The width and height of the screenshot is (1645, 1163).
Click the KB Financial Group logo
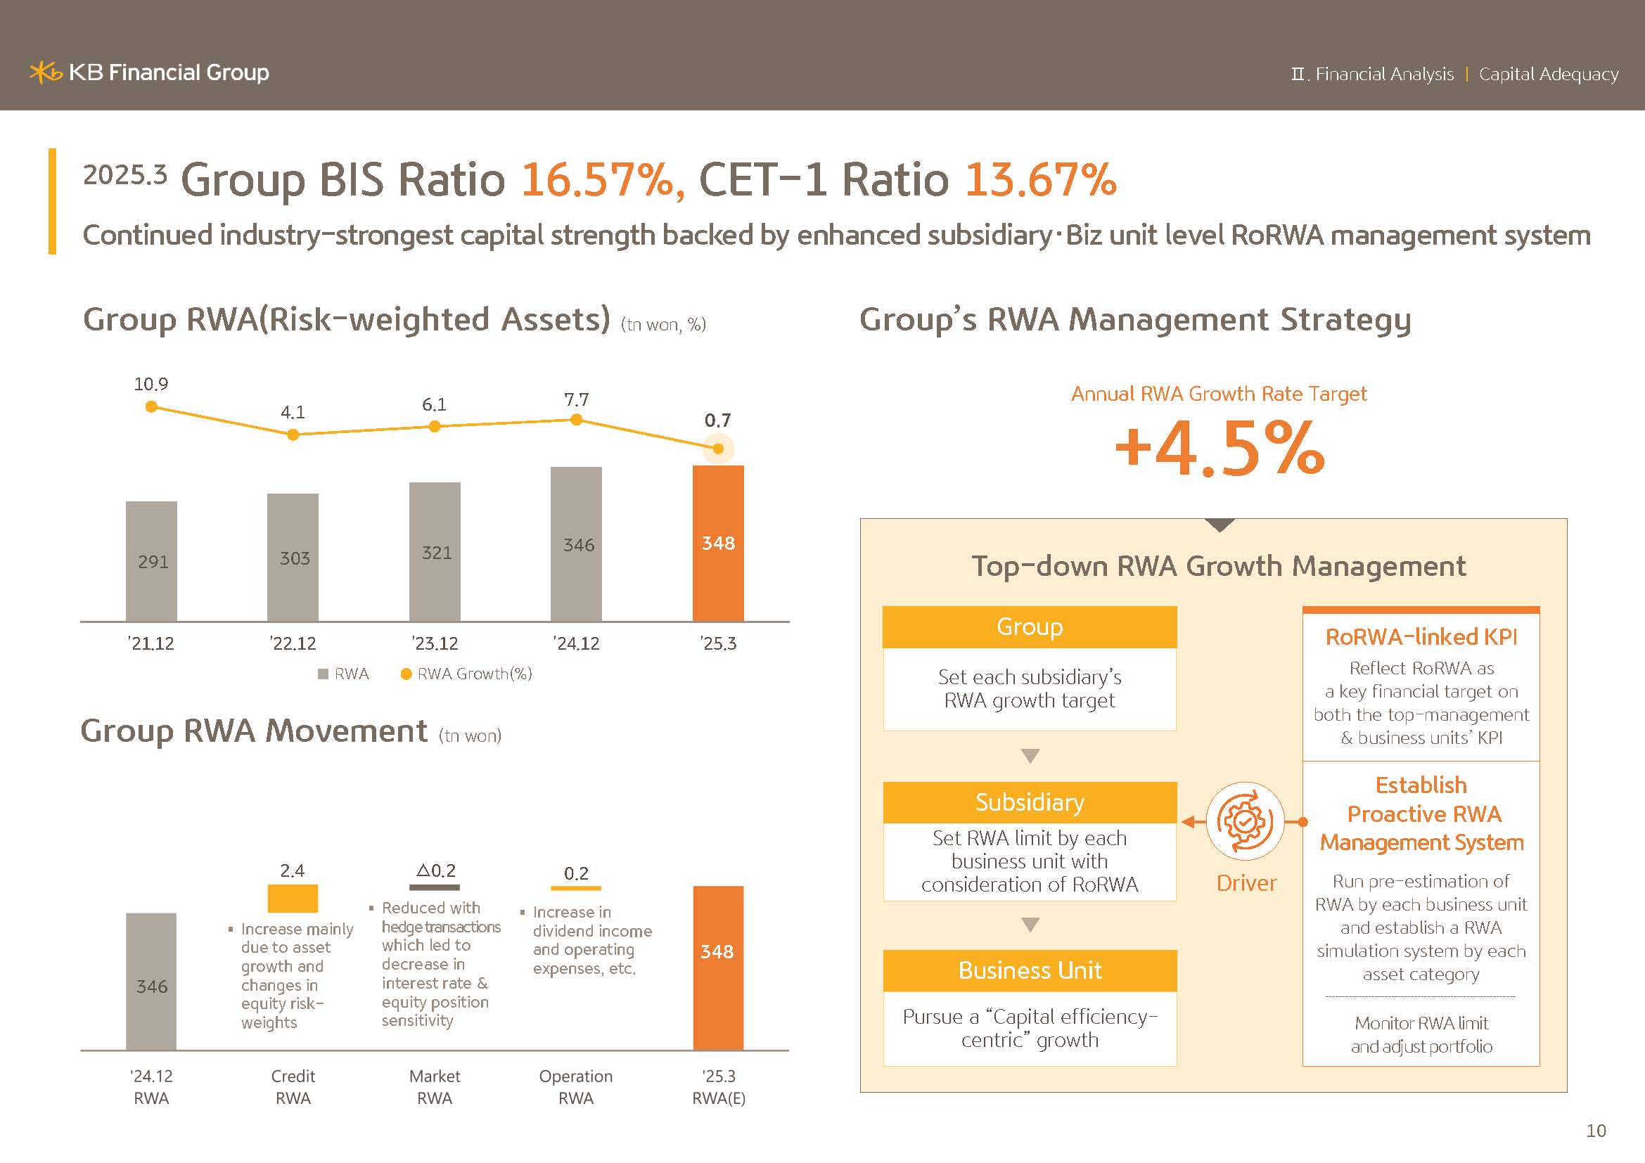(149, 72)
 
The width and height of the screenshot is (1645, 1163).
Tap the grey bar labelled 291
(151, 560)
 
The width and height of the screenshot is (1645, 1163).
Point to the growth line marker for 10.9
(151, 406)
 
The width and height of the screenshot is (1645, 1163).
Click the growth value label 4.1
(293, 413)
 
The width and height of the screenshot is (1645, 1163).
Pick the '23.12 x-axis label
(435, 643)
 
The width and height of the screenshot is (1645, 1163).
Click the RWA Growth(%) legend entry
(466, 674)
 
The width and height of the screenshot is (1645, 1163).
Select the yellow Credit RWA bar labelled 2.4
(293, 898)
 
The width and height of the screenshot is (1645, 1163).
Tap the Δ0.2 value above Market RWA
(435, 870)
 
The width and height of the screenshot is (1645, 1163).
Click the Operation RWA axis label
(576, 1086)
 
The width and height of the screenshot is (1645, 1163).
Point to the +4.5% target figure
(1220, 449)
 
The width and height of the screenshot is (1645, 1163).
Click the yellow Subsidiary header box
(1030, 802)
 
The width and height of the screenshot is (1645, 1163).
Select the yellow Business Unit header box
(1030, 970)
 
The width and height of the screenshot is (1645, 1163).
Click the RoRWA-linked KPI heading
(1421, 636)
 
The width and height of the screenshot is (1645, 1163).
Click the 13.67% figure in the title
(1040, 179)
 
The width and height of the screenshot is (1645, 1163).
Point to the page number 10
(1596, 1131)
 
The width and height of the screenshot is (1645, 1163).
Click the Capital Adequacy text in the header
(1548, 75)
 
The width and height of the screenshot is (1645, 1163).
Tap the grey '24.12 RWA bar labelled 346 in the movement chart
(151, 981)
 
